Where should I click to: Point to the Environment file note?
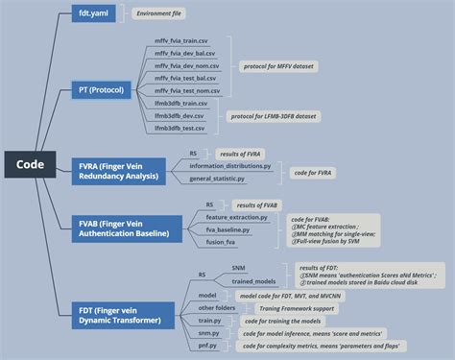(x=159, y=14)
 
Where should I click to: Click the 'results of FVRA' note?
(x=241, y=154)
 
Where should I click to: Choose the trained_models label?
(x=254, y=281)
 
